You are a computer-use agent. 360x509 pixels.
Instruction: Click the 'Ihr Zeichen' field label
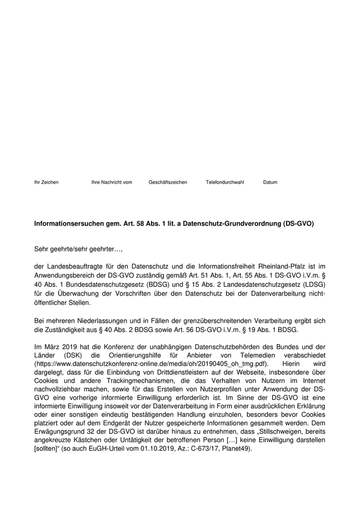click(x=46, y=183)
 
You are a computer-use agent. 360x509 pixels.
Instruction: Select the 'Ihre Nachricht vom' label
click(x=112, y=183)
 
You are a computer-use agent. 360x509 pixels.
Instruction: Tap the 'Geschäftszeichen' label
click(x=168, y=183)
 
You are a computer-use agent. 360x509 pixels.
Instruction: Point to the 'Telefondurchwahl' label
click(x=225, y=183)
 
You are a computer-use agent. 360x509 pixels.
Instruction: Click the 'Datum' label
click(x=270, y=183)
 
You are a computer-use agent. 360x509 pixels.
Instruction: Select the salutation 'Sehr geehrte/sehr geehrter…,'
click(x=79, y=249)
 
